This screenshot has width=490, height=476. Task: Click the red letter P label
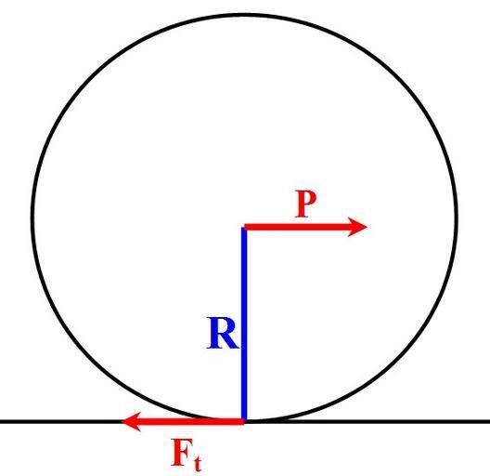[x=306, y=204]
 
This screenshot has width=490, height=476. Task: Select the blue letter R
[x=223, y=333]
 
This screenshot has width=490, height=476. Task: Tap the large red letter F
[x=182, y=453]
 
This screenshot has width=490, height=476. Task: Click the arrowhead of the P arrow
[x=357, y=227]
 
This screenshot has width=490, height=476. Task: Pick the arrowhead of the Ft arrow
[x=131, y=421]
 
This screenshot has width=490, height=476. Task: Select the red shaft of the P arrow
[x=296, y=227]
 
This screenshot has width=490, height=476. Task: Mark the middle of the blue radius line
[x=244, y=325]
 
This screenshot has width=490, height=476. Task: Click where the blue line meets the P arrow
[x=244, y=228]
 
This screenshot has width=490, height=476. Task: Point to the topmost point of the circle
[x=245, y=15]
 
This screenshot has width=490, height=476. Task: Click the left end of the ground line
[x=1, y=421]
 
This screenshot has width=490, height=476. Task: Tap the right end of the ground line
[x=489, y=421]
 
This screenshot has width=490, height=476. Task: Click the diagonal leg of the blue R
[x=231, y=341]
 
